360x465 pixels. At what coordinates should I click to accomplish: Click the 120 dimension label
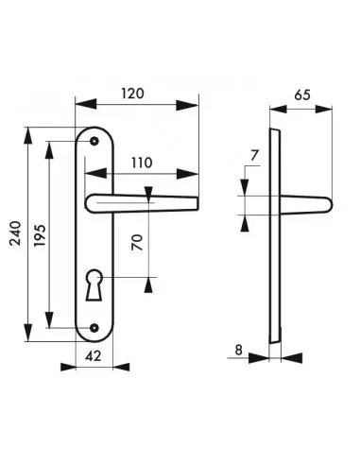(132, 94)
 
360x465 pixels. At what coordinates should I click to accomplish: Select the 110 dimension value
(142, 163)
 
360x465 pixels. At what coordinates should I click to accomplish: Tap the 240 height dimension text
(15, 233)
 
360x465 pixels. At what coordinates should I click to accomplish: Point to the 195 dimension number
(40, 235)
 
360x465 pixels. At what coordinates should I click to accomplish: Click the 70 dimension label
(137, 242)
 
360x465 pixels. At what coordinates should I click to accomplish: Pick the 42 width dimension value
(94, 356)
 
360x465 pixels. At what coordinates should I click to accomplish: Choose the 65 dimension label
(302, 95)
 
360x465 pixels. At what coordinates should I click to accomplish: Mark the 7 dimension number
(254, 155)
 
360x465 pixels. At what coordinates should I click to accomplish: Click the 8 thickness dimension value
(238, 350)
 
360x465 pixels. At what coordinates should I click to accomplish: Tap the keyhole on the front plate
(94, 284)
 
